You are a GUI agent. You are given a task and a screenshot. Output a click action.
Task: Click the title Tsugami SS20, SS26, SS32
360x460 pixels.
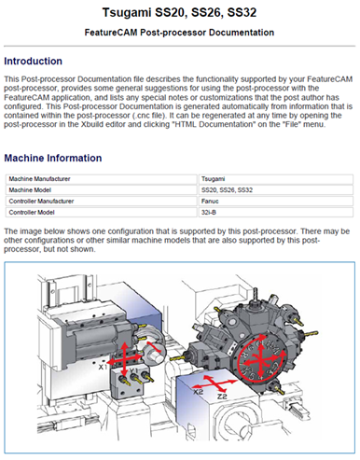coord(179,12)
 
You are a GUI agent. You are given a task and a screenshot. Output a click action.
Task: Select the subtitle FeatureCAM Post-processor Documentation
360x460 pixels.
coord(179,33)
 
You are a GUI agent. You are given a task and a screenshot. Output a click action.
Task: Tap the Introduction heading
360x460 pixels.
coord(33,61)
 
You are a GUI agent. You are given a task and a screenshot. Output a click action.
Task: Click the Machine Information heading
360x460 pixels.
coord(53,158)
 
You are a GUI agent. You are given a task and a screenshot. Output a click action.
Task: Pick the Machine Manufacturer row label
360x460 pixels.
coord(39,179)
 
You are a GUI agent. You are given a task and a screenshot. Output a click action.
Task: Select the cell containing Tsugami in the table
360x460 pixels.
coord(275,179)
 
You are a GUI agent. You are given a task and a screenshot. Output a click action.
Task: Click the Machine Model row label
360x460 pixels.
coord(30,190)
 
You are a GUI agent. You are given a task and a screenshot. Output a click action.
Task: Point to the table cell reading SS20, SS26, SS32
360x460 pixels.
coord(275,190)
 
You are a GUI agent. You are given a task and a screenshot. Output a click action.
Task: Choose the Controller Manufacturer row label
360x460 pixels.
coord(41,202)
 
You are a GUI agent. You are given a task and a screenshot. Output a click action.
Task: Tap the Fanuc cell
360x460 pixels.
coord(275,202)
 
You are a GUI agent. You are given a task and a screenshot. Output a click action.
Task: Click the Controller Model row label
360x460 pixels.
coord(32,213)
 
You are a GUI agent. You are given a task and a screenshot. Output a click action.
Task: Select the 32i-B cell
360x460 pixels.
coord(275,213)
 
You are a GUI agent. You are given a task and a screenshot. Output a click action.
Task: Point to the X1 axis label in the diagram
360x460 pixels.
coord(103,367)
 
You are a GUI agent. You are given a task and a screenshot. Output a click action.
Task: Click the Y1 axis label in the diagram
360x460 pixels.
coord(133,370)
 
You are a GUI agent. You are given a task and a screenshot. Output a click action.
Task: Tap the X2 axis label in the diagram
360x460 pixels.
coord(198,392)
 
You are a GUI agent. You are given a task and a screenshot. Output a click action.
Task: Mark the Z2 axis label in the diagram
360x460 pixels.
coord(222,397)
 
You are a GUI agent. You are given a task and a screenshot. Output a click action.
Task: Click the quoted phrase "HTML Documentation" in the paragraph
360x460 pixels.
coord(213,124)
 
